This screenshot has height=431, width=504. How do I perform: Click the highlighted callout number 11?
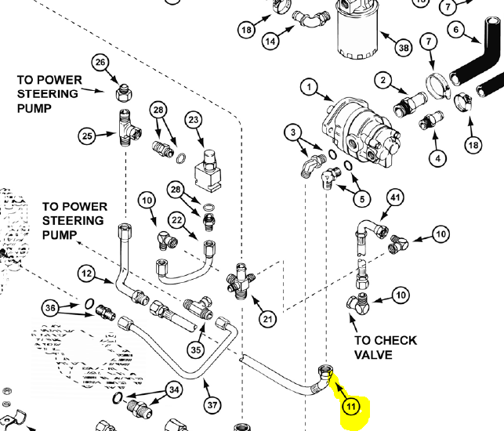350,406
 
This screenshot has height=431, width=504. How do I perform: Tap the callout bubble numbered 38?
404,48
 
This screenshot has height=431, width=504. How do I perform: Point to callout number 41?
394,198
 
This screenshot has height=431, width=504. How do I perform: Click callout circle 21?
268,318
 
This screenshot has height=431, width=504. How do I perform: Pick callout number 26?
100,63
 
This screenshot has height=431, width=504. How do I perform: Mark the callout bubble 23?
194,119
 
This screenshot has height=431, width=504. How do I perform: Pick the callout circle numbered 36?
52,309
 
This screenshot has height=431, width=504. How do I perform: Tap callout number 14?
271,41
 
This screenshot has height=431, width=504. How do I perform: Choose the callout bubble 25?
87,136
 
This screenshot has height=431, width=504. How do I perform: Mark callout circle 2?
383,80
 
